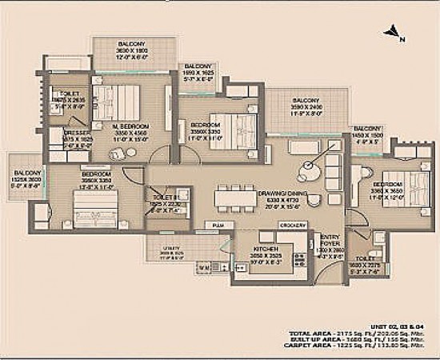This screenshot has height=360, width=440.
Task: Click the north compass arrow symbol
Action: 390,32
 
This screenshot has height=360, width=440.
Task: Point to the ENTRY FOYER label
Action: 330,238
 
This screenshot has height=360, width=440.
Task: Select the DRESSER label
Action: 77,133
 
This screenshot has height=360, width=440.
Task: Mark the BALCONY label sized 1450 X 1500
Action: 368,129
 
